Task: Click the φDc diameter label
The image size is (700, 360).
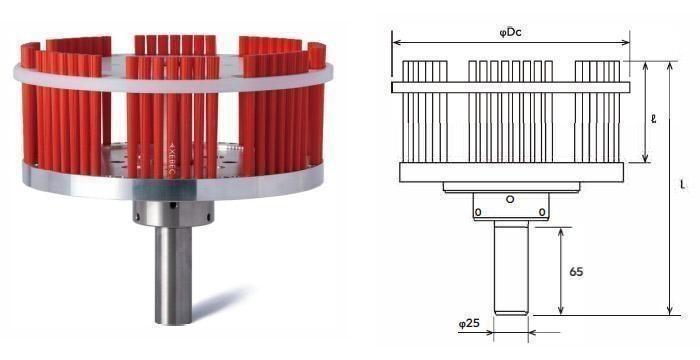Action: (512, 33)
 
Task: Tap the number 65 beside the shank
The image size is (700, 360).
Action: (576, 270)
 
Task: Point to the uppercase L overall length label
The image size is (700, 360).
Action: (681, 186)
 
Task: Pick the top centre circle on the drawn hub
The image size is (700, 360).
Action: (511, 199)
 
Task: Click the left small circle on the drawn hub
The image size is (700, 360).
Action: (480, 212)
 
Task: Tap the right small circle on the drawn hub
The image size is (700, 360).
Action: (542, 212)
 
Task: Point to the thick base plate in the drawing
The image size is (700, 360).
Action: (511, 172)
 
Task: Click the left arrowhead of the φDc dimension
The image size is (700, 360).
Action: (396, 43)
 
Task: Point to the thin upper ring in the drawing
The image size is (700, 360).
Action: (511, 87)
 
